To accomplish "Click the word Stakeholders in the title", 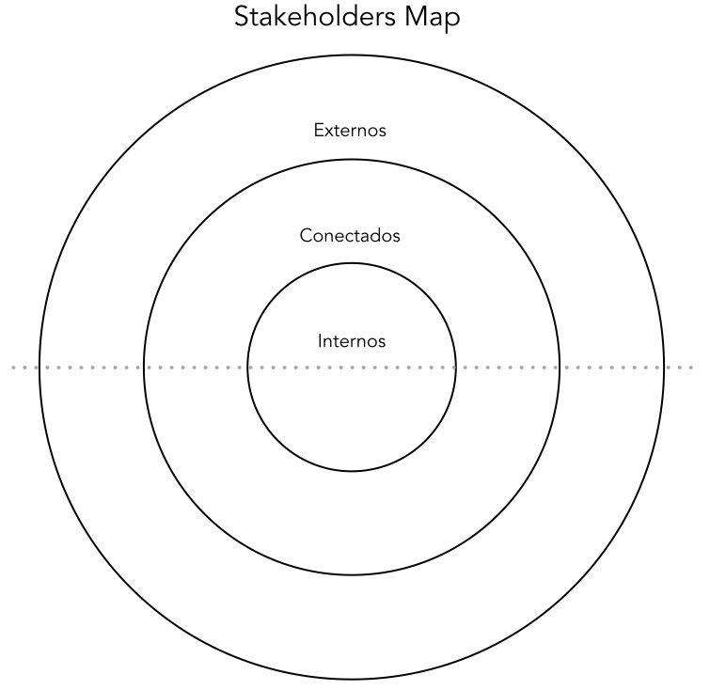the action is click(x=315, y=17).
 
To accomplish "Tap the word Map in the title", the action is click(x=433, y=18).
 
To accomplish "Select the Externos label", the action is click(x=350, y=131).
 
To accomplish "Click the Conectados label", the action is click(x=350, y=235).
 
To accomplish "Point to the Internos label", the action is click(x=352, y=341).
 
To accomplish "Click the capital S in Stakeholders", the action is click(x=242, y=17).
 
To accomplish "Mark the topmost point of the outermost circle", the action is click(x=352, y=55).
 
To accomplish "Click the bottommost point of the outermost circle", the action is click(x=352, y=679).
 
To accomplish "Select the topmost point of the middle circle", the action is click(x=352, y=160).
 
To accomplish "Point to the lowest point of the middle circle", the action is click(x=352, y=575).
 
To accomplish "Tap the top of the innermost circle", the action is click(x=352, y=263).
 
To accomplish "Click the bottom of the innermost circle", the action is click(x=352, y=471).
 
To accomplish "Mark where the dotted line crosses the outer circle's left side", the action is click(x=39, y=368).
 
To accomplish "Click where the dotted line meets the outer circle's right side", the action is click(x=664, y=368).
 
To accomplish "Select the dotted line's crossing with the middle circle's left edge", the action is click(x=144, y=368).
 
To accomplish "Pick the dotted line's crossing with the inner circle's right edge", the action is click(x=456, y=368).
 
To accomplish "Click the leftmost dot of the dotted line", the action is click(x=13, y=368).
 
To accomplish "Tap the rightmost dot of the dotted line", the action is click(x=691, y=368).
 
